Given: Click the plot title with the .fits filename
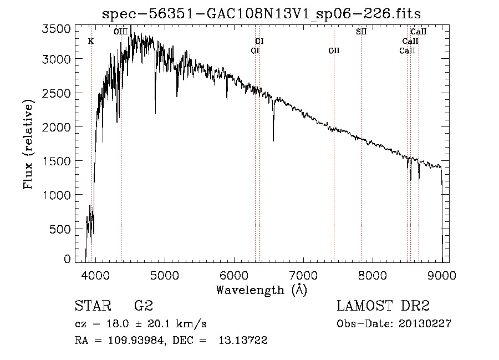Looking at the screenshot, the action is tap(261, 14).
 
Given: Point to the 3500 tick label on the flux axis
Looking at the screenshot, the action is tap(56, 29).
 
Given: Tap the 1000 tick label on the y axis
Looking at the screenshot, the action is tap(57, 195).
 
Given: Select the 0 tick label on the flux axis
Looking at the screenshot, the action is tap(67, 259).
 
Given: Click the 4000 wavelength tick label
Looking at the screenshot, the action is tap(95, 275).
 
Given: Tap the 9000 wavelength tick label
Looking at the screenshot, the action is tap(442, 275).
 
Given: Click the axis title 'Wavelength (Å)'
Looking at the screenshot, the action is tap(262, 290).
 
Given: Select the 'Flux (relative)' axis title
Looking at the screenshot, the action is tap(28, 144).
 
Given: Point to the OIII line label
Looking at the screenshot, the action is tap(121, 32).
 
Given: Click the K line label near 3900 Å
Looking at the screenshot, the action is tap(91, 42).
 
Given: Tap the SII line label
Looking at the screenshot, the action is tap(361, 32).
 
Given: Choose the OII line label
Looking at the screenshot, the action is tap(334, 50).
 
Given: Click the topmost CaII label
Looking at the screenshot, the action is tap(419, 32).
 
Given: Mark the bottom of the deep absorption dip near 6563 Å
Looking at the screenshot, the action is tap(273, 141).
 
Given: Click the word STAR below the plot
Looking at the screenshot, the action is tap(93, 306).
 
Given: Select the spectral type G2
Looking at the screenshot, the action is tap(144, 306).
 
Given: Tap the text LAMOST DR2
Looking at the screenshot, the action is tap(383, 306).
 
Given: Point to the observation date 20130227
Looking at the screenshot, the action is tap(425, 324).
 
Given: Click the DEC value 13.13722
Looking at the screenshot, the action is tap(243, 341).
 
